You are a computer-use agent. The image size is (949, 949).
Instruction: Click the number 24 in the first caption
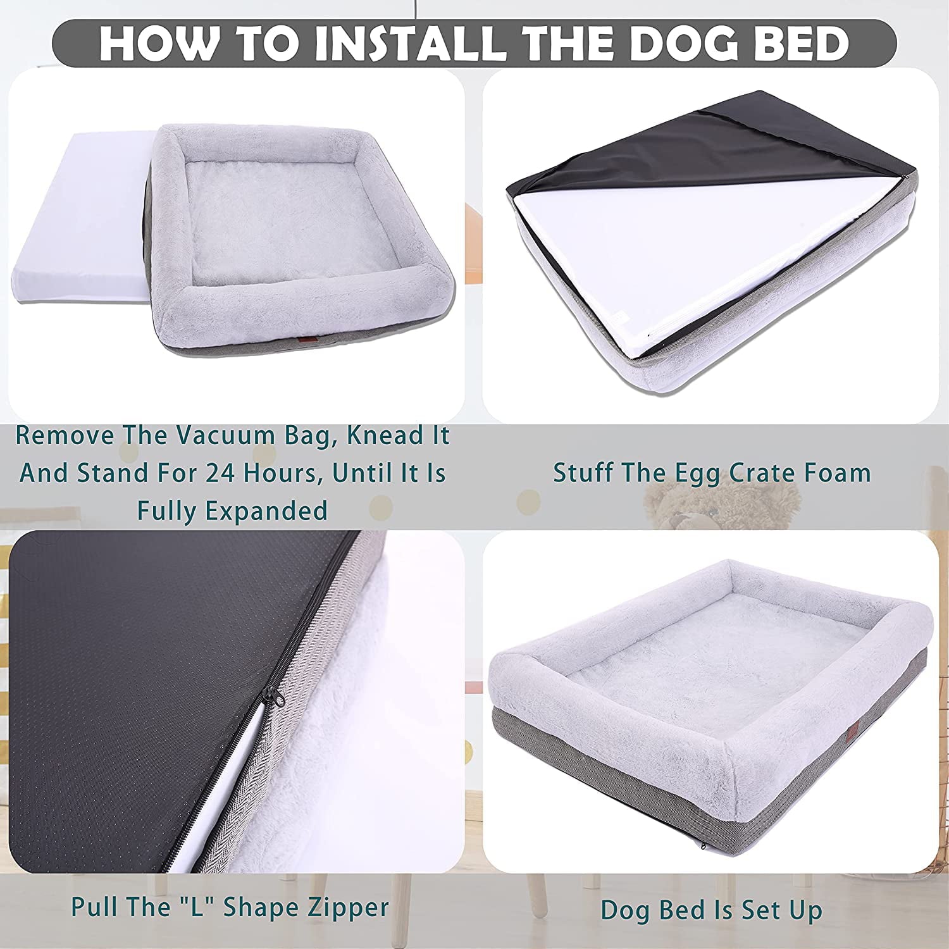(x=238, y=473)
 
